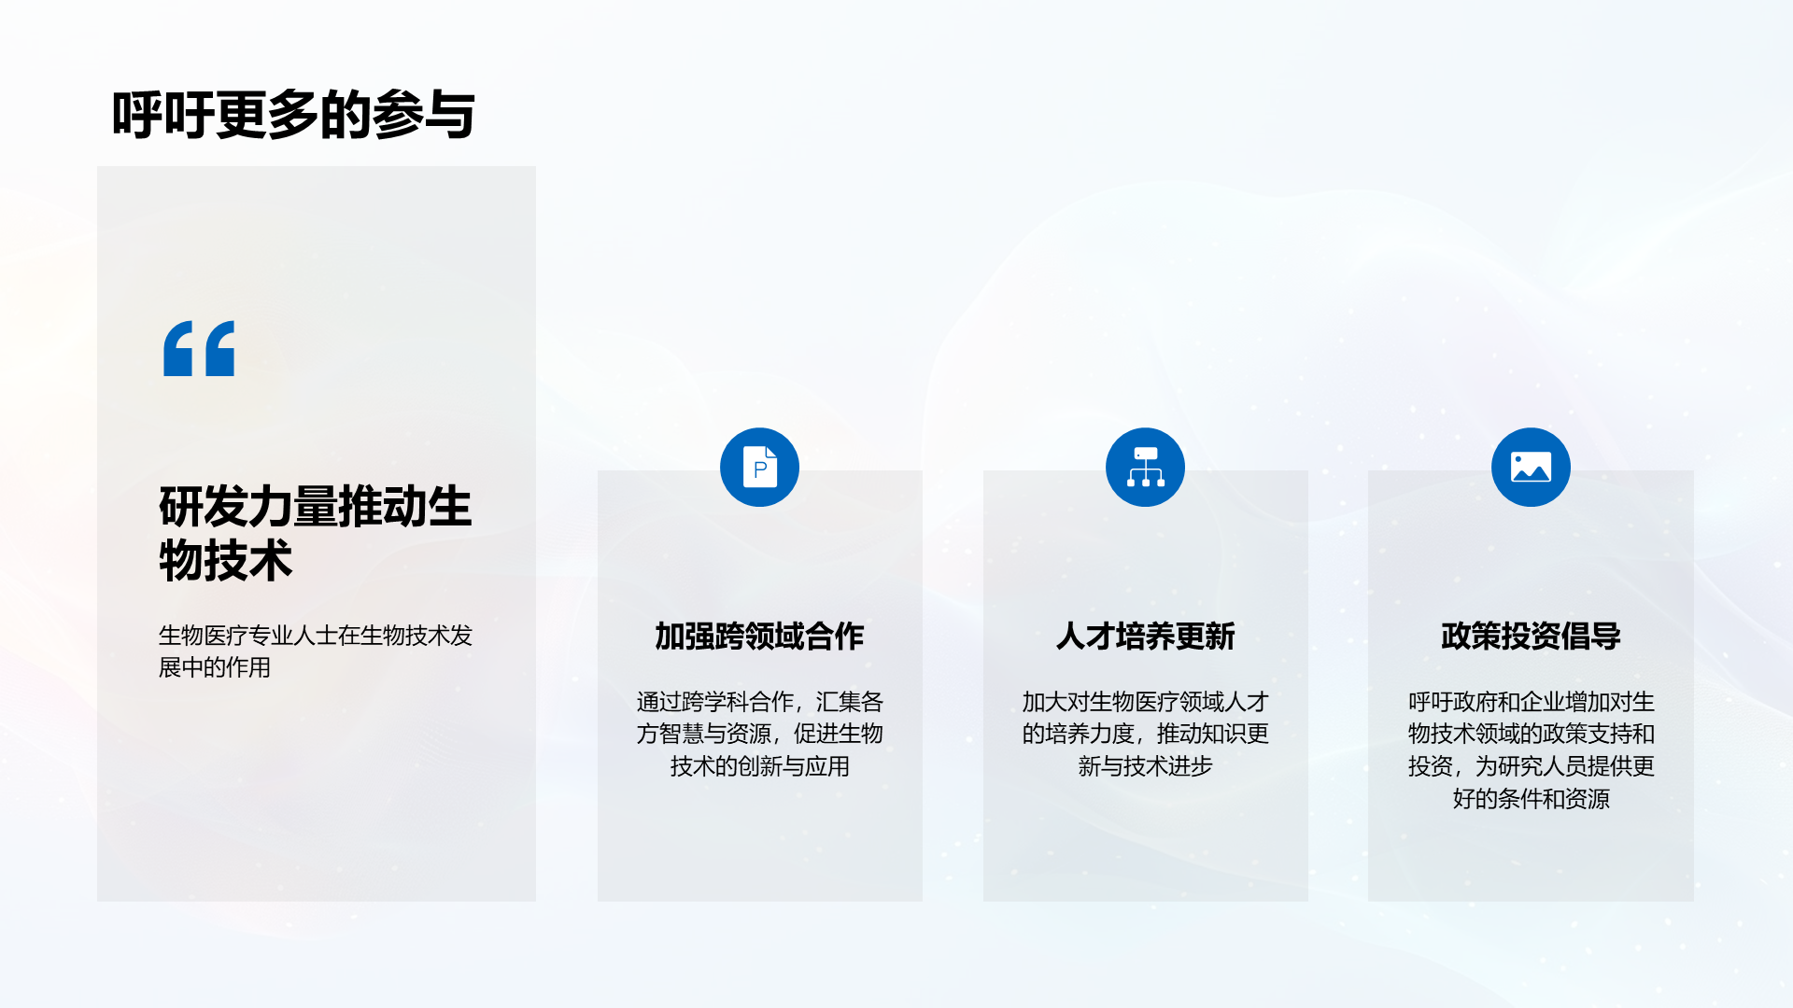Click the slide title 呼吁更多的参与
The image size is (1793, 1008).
(293, 116)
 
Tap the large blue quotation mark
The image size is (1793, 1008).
(199, 348)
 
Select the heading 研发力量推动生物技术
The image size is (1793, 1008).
(316, 533)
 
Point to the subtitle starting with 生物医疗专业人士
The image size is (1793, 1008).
(316, 651)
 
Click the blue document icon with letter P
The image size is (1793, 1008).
(759, 467)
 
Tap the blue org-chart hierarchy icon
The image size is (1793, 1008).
(1145, 467)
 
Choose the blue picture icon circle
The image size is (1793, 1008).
(1531, 467)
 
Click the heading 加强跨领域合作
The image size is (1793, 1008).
(759, 636)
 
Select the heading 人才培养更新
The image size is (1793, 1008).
(1145, 636)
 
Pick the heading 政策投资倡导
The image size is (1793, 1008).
(1531, 636)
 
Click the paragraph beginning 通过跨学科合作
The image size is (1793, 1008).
(759, 734)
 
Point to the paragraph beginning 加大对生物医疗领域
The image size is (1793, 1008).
(1145, 734)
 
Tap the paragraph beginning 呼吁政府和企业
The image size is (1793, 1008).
(1531, 750)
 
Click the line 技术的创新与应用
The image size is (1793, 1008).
(759, 766)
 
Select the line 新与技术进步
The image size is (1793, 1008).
(1145, 766)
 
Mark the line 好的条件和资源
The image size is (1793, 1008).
(1531, 799)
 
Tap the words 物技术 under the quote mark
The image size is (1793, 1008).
(225, 560)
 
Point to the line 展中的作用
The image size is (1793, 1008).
(214, 667)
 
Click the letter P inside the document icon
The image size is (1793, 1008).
(760, 469)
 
